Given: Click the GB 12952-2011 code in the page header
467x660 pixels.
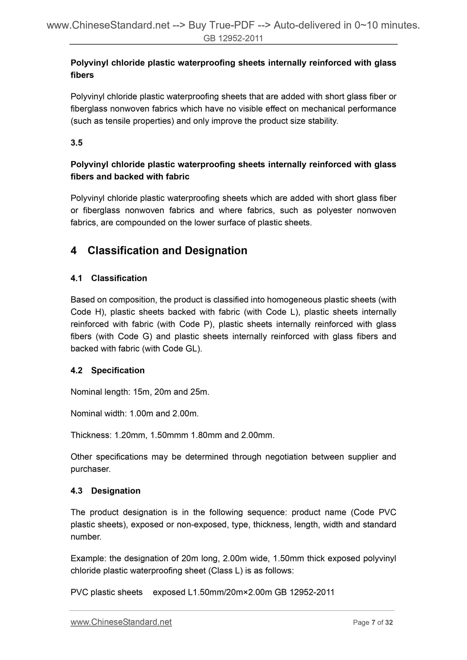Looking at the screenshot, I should pos(233,38).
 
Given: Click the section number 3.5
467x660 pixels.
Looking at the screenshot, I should pos(77,142).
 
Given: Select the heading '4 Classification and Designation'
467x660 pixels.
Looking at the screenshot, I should pos(159,251).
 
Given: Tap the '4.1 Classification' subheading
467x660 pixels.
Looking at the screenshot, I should pos(109,278).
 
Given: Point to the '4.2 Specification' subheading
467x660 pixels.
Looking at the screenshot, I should pos(107,370).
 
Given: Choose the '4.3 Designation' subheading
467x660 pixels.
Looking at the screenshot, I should pos(105,491).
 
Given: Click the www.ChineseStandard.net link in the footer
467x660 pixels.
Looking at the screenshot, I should pos(121,622).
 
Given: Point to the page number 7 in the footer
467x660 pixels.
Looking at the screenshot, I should pos(373,623).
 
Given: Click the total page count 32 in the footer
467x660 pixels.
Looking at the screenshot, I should pos(389,623).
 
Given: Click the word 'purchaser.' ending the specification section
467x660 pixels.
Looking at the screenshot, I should pos(90,469).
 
